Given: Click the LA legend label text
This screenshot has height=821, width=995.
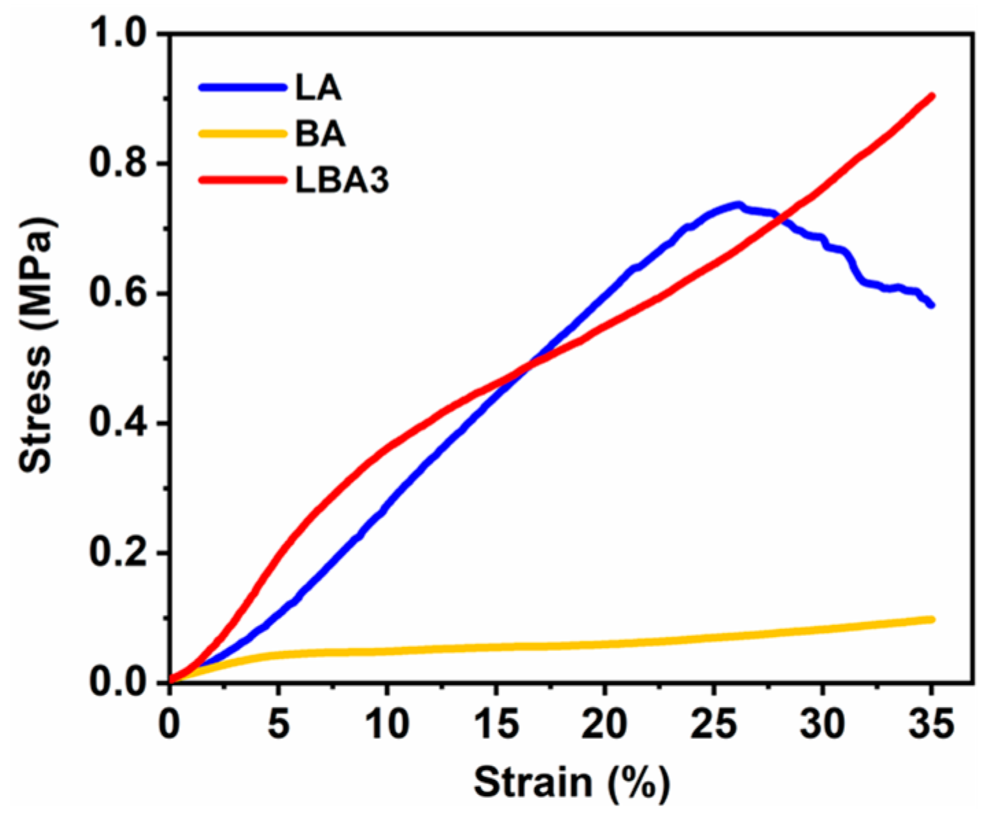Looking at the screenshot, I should [x=318, y=88].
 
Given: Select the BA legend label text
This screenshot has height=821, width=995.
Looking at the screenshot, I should [x=320, y=134].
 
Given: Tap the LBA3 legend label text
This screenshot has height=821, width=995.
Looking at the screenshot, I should [x=342, y=180].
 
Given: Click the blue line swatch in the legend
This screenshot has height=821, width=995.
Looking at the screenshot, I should [x=242, y=88].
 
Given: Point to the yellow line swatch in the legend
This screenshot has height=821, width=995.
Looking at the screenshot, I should [x=242, y=134].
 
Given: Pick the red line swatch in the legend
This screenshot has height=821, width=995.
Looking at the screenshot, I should [x=242, y=180].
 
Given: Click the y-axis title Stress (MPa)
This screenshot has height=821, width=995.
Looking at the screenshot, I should [x=36, y=346].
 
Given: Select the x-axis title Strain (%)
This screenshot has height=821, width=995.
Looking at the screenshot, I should [x=571, y=783].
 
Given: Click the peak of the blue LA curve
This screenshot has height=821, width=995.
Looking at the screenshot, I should [x=737, y=204].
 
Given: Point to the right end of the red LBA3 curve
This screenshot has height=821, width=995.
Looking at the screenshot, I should [x=931, y=96].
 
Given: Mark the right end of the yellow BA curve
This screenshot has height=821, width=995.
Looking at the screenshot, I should [x=931, y=619].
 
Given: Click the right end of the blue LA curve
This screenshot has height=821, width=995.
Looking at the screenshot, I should [x=931, y=305].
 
